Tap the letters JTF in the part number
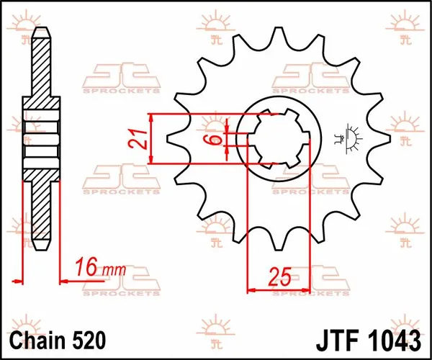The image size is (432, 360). tap(337, 338)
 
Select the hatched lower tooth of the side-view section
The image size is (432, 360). tap(41, 212)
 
